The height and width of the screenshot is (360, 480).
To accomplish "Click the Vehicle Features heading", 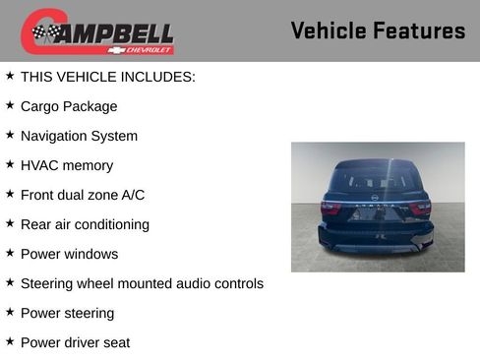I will click(378, 30).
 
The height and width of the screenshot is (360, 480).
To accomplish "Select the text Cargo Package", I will click(68, 106).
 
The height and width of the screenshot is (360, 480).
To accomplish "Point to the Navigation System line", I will click(79, 136).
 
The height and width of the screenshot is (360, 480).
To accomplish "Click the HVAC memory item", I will click(66, 165).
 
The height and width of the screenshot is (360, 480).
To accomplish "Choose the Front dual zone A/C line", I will click(82, 195).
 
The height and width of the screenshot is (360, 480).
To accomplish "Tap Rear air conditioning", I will click(85, 224).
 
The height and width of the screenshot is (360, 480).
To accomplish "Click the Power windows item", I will click(69, 254).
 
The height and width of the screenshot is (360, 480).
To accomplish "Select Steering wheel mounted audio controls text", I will click(142, 283).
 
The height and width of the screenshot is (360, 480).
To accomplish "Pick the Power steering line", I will click(67, 313).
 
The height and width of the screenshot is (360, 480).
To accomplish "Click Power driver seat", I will click(75, 342).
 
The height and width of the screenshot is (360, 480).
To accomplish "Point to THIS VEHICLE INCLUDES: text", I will click(107, 77).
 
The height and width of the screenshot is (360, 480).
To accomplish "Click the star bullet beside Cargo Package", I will click(10, 105).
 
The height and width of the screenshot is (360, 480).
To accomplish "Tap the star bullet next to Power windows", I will click(10, 253).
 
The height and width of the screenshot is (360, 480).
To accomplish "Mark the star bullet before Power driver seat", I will click(10, 341).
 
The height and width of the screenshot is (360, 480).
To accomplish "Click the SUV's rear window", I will click(377, 180).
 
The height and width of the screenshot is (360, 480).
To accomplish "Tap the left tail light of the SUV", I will click(330, 208).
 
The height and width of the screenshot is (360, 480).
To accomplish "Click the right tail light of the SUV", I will click(421, 208).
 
